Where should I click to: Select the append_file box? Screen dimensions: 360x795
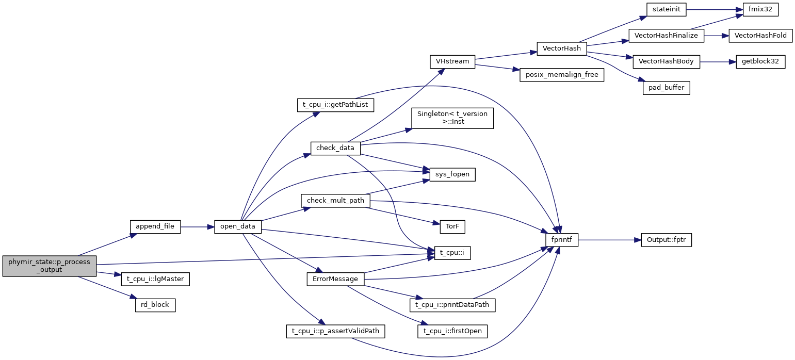(x=155, y=226)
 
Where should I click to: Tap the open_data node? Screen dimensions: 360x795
(x=238, y=226)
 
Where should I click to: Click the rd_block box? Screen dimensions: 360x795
(x=155, y=305)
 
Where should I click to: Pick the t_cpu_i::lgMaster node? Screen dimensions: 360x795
(x=155, y=280)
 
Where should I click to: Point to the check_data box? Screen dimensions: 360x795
(x=335, y=148)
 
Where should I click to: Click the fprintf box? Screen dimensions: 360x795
(x=562, y=240)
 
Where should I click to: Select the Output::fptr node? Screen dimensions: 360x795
(x=666, y=240)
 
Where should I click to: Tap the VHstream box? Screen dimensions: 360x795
(x=452, y=61)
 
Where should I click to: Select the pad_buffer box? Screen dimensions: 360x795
(x=666, y=88)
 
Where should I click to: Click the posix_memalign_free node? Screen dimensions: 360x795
(x=562, y=75)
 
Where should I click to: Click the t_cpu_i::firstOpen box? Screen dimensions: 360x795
(x=452, y=331)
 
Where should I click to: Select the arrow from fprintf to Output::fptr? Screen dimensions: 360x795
(x=609, y=240)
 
